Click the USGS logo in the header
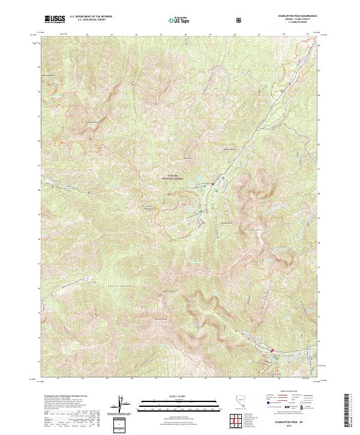pos(55,19)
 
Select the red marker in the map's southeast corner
pos(271,351)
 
